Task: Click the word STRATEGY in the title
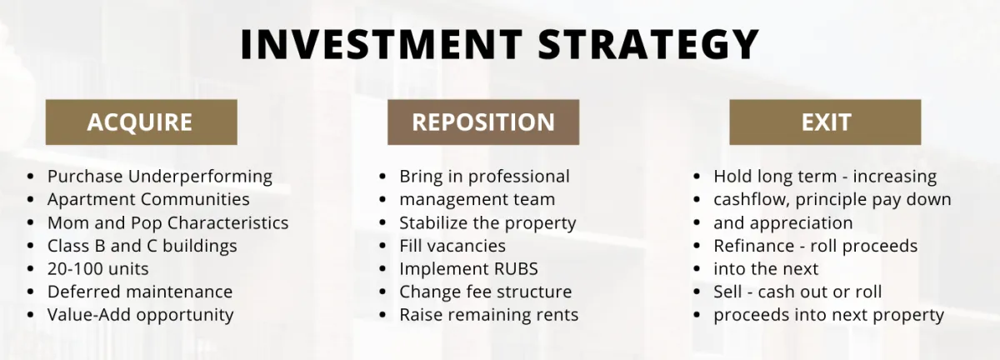click(x=648, y=44)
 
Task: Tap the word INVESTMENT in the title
click(x=382, y=44)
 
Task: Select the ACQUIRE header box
click(x=141, y=122)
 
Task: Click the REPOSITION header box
click(x=483, y=122)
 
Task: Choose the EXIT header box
click(x=825, y=122)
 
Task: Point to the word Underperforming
click(x=200, y=177)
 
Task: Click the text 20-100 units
click(x=97, y=269)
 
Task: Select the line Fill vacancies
click(x=452, y=246)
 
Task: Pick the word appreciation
click(x=801, y=223)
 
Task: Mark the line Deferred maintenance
click(x=140, y=292)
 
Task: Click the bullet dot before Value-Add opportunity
click(x=30, y=315)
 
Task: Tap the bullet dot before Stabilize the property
click(x=382, y=222)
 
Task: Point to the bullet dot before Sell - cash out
click(x=697, y=292)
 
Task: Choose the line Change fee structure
click(x=485, y=292)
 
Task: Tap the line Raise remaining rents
click(x=489, y=315)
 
